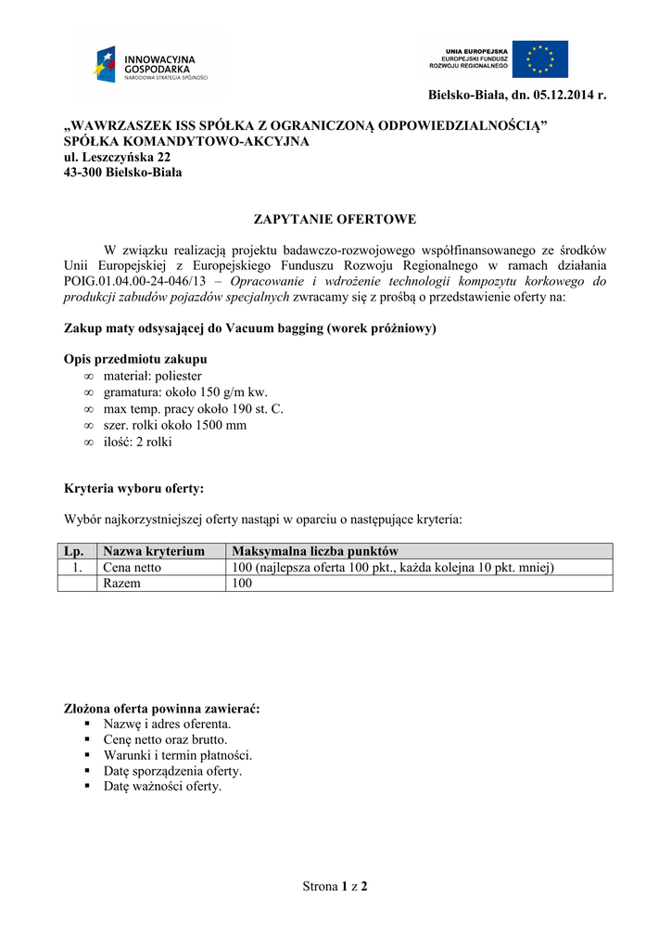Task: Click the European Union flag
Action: (x=540, y=58)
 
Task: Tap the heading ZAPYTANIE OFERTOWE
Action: (x=335, y=220)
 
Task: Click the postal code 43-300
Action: (x=82, y=173)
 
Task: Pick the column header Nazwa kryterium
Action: (x=154, y=551)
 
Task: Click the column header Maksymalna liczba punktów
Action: (x=315, y=551)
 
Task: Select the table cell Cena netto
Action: (x=132, y=568)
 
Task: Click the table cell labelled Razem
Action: (x=122, y=584)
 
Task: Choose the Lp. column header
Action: (x=75, y=551)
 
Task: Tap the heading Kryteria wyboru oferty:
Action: (x=133, y=488)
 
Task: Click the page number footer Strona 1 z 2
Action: (x=335, y=887)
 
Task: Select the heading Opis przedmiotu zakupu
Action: (x=135, y=359)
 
